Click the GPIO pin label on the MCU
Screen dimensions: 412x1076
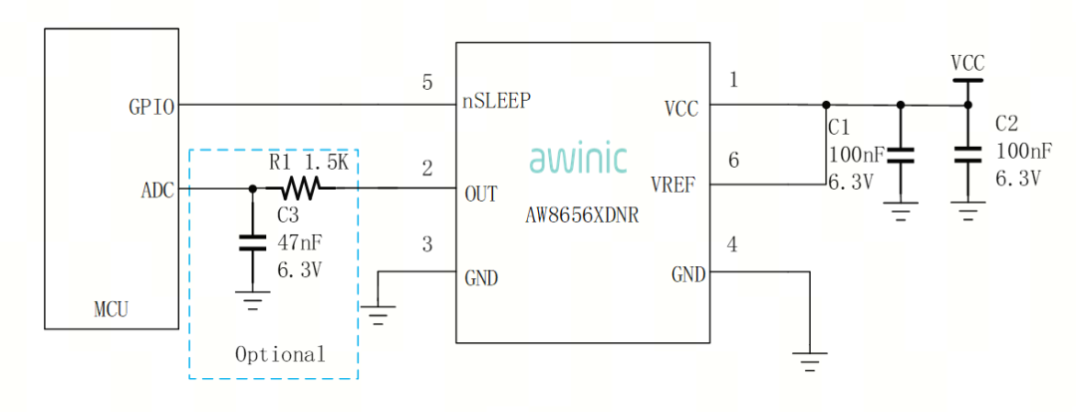click(x=152, y=106)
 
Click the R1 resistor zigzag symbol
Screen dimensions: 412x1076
click(x=300, y=188)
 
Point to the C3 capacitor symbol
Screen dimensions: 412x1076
click(x=252, y=240)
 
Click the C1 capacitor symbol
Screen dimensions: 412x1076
click(x=901, y=155)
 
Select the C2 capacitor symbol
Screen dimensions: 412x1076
click(x=964, y=155)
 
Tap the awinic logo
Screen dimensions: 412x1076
click(x=578, y=159)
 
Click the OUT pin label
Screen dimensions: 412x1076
click(x=481, y=194)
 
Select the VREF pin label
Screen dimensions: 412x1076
click(x=674, y=185)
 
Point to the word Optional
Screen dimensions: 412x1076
click(x=280, y=354)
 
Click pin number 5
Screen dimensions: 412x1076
click(x=427, y=83)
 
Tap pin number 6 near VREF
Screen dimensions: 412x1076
click(x=734, y=160)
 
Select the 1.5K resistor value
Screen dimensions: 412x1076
click(x=326, y=162)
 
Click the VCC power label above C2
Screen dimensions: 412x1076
click(x=966, y=64)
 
